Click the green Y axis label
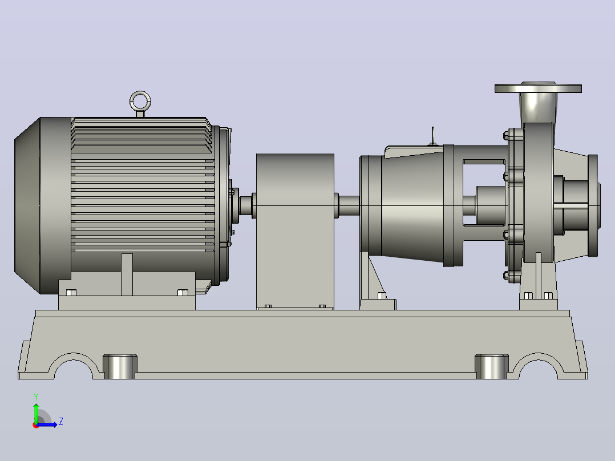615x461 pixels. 36,397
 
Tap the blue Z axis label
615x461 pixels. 61,422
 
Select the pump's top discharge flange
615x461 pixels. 538,88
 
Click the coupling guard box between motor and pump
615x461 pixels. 295,232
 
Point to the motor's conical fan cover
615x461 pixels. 27,205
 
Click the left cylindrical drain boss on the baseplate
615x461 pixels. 120,366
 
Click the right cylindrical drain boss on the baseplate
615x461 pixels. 491,366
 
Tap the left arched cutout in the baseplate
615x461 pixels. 74,358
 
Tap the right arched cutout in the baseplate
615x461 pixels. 538,358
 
